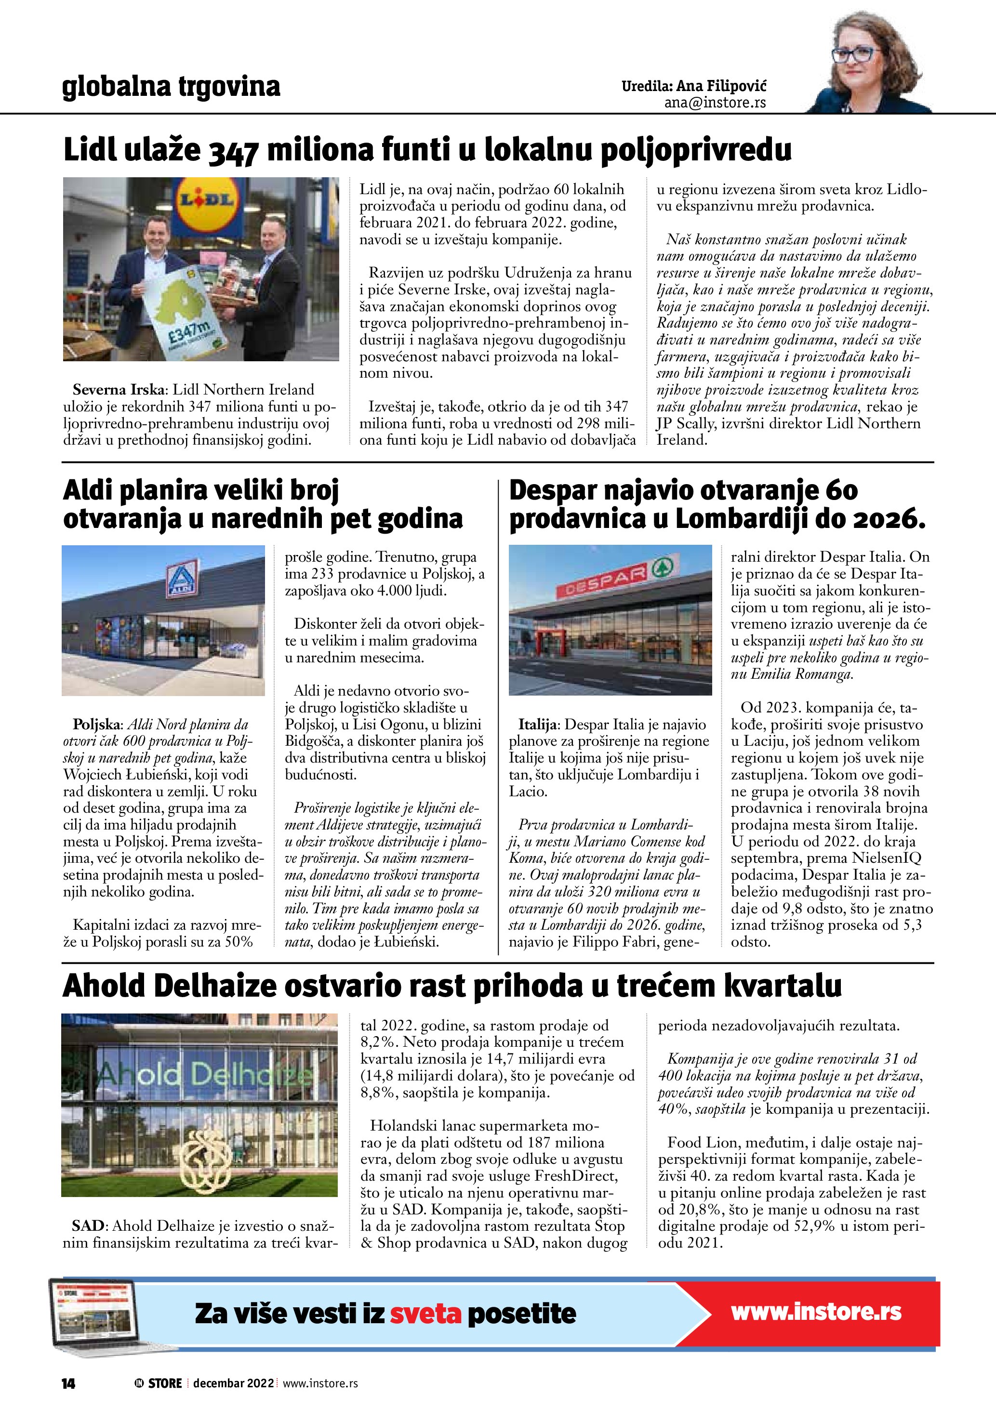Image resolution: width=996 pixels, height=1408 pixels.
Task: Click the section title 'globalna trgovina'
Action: pos(171,87)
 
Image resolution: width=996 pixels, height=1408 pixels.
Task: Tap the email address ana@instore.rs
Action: pos(715,103)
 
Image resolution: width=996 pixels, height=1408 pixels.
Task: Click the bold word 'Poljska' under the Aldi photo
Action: pos(97,725)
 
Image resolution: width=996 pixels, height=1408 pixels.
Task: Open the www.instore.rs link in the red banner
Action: pos(816,1312)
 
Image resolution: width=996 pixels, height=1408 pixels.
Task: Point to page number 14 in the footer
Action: pos(68,1383)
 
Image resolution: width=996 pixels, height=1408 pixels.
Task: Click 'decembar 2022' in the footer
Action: pos(233,1383)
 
